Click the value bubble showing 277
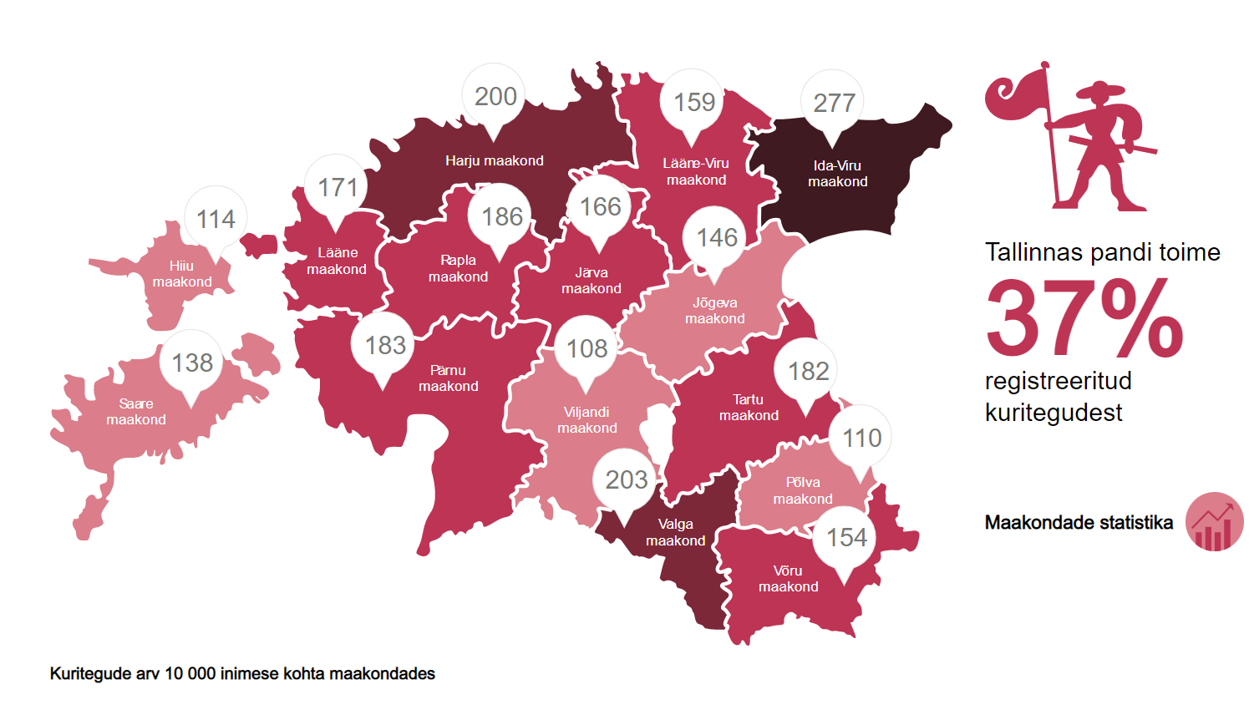click(833, 103)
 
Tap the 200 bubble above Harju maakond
click(495, 97)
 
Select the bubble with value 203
click(626, 479)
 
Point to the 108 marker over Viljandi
click(586, 348)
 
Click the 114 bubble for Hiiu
click(216, 219)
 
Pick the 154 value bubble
click(845, 537)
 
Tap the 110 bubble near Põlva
click(861, 438)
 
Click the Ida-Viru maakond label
click(837, 174)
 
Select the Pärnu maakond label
click(449, 378)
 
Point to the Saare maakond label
click(136, 412)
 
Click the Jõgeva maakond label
click(715, 311)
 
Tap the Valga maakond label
click(675, 532)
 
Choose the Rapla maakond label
click(458, 268)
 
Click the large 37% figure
click(1084, 318)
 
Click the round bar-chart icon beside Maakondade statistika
click(1214, 522)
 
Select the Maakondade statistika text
click(1079, 523)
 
